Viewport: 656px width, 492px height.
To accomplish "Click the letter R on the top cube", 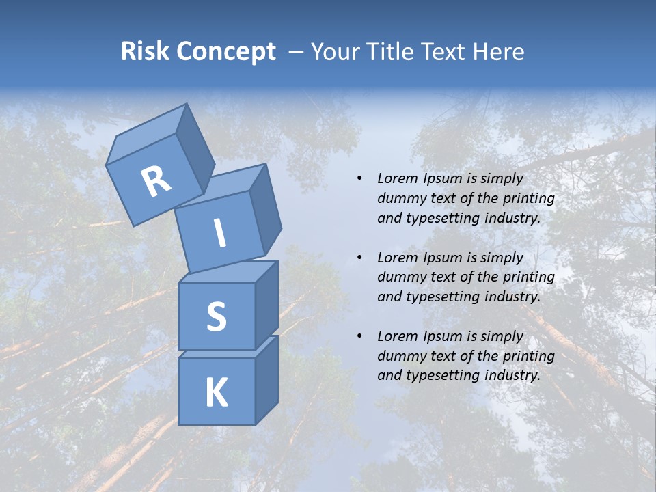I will point(156,182).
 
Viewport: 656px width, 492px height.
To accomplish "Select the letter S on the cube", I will point(216,316).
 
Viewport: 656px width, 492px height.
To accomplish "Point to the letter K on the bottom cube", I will point(216,393).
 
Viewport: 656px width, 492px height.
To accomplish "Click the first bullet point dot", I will point(359,178).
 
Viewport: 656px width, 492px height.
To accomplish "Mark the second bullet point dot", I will point(359,258).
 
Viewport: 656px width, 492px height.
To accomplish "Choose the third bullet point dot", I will point(359,336).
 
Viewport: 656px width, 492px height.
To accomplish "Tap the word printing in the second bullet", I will point(528,277).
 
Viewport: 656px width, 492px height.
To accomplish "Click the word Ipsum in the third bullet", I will point(442,336).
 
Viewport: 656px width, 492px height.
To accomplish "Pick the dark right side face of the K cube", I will point(266,379).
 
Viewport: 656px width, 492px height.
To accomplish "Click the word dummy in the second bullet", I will point(400,277).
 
